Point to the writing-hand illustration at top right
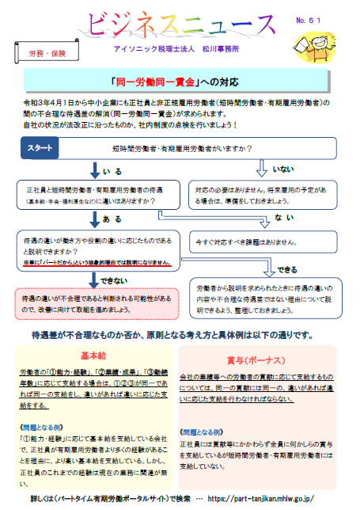[x=325, y=39]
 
